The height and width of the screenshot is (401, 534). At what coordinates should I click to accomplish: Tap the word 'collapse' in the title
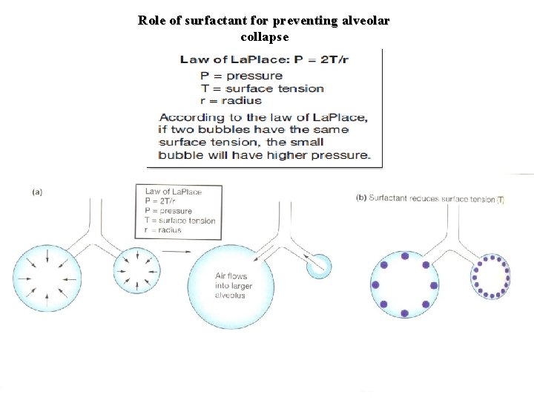pyautogui.click(x=265, y=36)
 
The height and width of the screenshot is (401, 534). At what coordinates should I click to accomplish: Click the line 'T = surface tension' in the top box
pyautogui.click(x=262, y=88)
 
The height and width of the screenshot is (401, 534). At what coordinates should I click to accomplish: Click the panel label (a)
pyautogui.click(x=36, y=192)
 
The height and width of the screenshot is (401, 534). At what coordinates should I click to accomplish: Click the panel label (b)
pyautogui.click(x=361, y=198)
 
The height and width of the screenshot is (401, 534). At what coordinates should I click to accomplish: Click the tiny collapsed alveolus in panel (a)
pyautogui.click(x=320, y=265)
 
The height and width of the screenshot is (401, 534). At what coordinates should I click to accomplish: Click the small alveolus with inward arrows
pyautogui.click(x=136, y=270)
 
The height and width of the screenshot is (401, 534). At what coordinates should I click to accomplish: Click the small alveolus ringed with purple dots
pyautogui.click(x=491, y=277)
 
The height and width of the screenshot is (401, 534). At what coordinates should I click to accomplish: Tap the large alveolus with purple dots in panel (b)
pyautogui.click(x=405, y=285)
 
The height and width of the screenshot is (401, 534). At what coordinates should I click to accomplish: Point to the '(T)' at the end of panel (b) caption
pyautogui.click(x=501, y=199)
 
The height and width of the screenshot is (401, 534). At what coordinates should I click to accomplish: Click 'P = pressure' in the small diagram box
pyautogui.click(x=168, y=211)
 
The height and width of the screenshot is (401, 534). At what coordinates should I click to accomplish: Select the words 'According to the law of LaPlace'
pyautogui.click(x=263, y=117)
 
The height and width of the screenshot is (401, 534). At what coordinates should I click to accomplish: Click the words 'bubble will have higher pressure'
pyautogui.click(x=263, y=155)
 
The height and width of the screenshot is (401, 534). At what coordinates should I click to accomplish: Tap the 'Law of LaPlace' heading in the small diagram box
pyautogui.click(x=173, y=192)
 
